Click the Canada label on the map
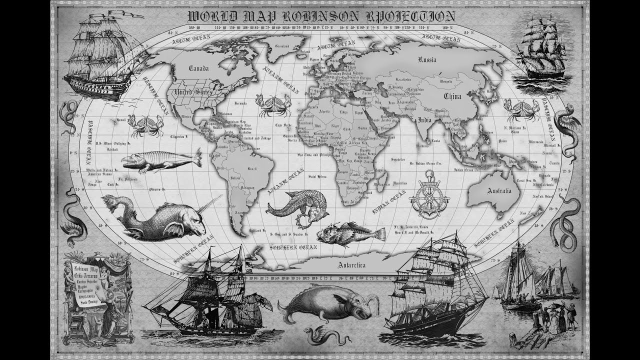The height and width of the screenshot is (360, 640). tap(198, 69)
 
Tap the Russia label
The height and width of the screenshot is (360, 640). tap(427, 59)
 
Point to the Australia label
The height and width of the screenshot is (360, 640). tap(499, 191)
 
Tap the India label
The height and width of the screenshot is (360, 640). tap(424, 120)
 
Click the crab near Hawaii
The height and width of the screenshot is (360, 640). tap(145, 125)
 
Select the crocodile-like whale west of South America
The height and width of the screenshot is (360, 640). tap(160, 161)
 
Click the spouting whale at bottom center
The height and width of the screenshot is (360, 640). tap(327, 302)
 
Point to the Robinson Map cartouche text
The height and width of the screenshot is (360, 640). tap(85, 280)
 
